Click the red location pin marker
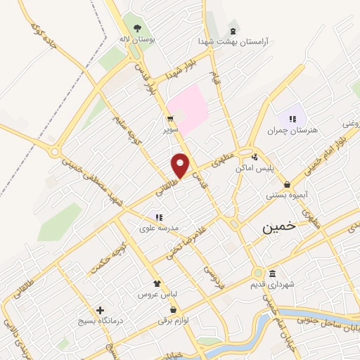click(x=181, y=165)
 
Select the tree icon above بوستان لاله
click(x=137, y=28)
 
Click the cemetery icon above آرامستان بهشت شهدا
click(x=233, y=31)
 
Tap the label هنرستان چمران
click(x=292, y=130)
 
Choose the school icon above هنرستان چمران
click(x=292, y=118)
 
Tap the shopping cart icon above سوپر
click(x=170, y=118)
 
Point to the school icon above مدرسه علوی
click(x=159, y=217)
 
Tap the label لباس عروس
click(x=157, y=292)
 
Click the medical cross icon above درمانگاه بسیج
click(x=100, y=309)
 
